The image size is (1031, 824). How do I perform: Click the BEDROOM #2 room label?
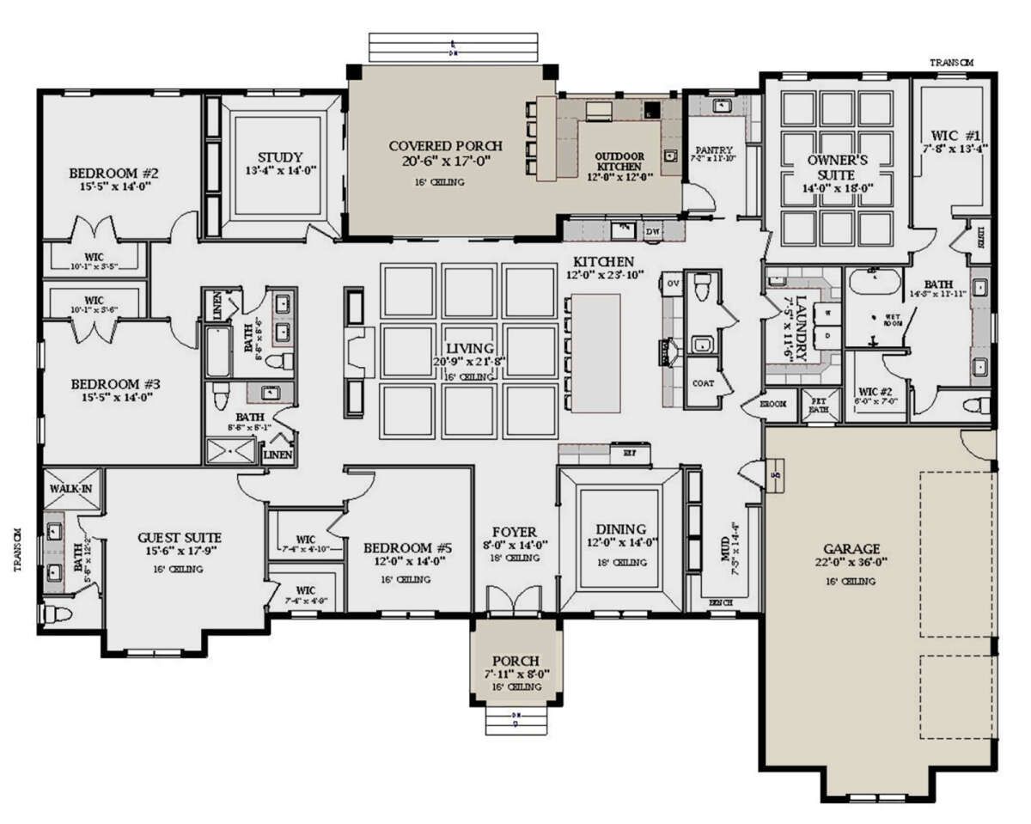[x=113, y=173]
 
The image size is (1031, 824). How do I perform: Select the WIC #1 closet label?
[x=954, y=135]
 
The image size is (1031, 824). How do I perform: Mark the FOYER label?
[x=514, y=531]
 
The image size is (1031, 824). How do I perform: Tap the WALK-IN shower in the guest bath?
[x=71, y=488]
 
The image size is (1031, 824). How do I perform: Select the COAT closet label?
[x=702, y=383]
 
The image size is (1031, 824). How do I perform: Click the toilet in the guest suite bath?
[x=57, y=613]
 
